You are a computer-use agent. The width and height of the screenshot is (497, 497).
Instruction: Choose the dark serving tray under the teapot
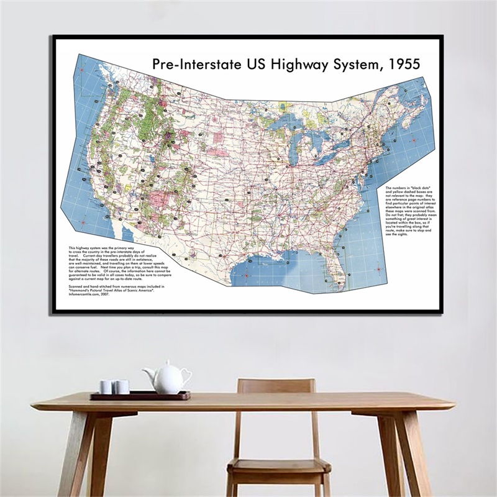pos(140,396)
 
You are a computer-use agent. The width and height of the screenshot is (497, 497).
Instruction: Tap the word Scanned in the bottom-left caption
pos(76,286)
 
